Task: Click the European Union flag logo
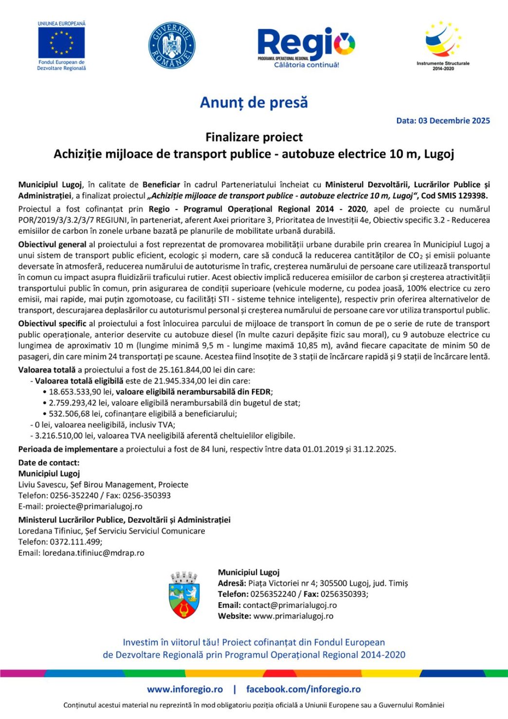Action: [x=61, y=43]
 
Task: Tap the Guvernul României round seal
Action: [x=172, y=45]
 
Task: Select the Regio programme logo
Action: [x=306, y=47]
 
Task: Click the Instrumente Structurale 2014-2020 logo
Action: [x=443, y=45]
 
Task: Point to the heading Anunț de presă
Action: [x=254, y=103]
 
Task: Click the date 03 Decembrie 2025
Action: [x=454, y=121]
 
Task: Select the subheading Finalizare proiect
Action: [x=254, y=137]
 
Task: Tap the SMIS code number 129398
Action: [x=472, y=196]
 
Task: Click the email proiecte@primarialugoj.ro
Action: [x=94, y=506]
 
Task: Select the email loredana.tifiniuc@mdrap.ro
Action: [x=93, y=553]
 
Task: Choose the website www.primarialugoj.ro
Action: [x=293, y=616]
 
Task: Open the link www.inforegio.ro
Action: [x=185, y=689]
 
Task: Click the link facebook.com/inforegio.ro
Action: [x=303, y=689]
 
